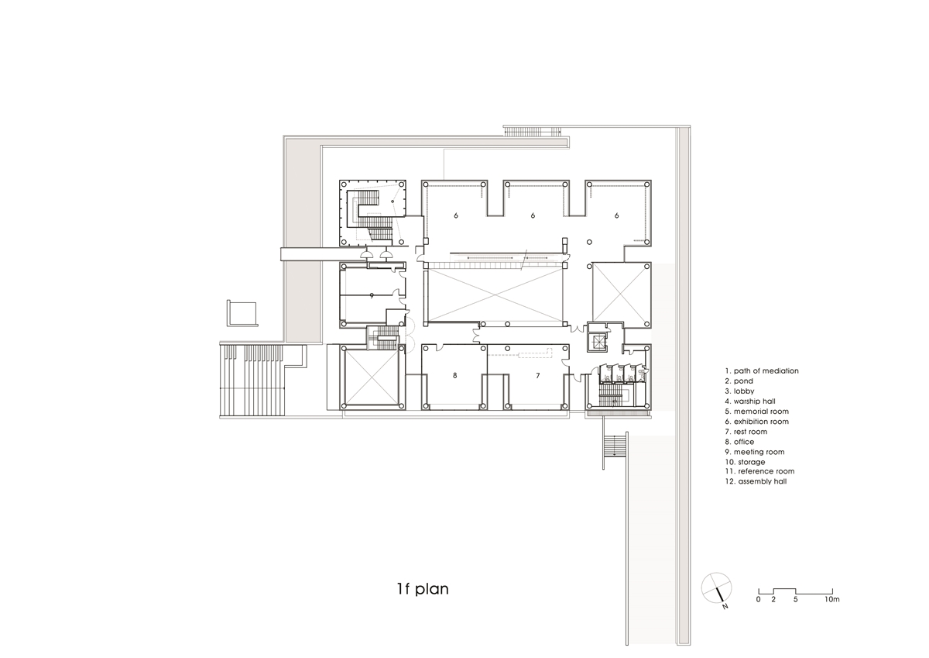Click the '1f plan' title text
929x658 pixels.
[x=423, y=589]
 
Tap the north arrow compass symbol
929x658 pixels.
[x=716, y=589]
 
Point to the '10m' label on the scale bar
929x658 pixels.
[x=831, y=599]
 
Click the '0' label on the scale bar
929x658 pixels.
[x=758, y=599]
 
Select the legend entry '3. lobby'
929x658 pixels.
[x=739, y=391]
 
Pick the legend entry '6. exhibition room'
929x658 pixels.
[x=757, y=422]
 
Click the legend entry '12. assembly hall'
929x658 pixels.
[x=756, y=481]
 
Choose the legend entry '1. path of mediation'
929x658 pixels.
[x=762, y=370]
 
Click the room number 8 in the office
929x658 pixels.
[x=455, y=375]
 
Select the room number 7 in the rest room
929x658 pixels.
[x=538, y=375]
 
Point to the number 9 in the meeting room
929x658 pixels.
[x=372, y=295]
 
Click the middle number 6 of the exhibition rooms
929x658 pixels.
[x=533, y=215]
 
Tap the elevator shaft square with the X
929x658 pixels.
[x=598, y=343]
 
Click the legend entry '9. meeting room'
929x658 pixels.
[x=755, y=452]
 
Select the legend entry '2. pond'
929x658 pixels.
[x=739, y=381]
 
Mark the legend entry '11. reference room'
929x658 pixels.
[x=759, y=471]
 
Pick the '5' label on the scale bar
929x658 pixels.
[x=796, y=599]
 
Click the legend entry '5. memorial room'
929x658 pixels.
[x=757, y=412]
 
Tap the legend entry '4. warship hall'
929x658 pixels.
[x=750, y=401]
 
